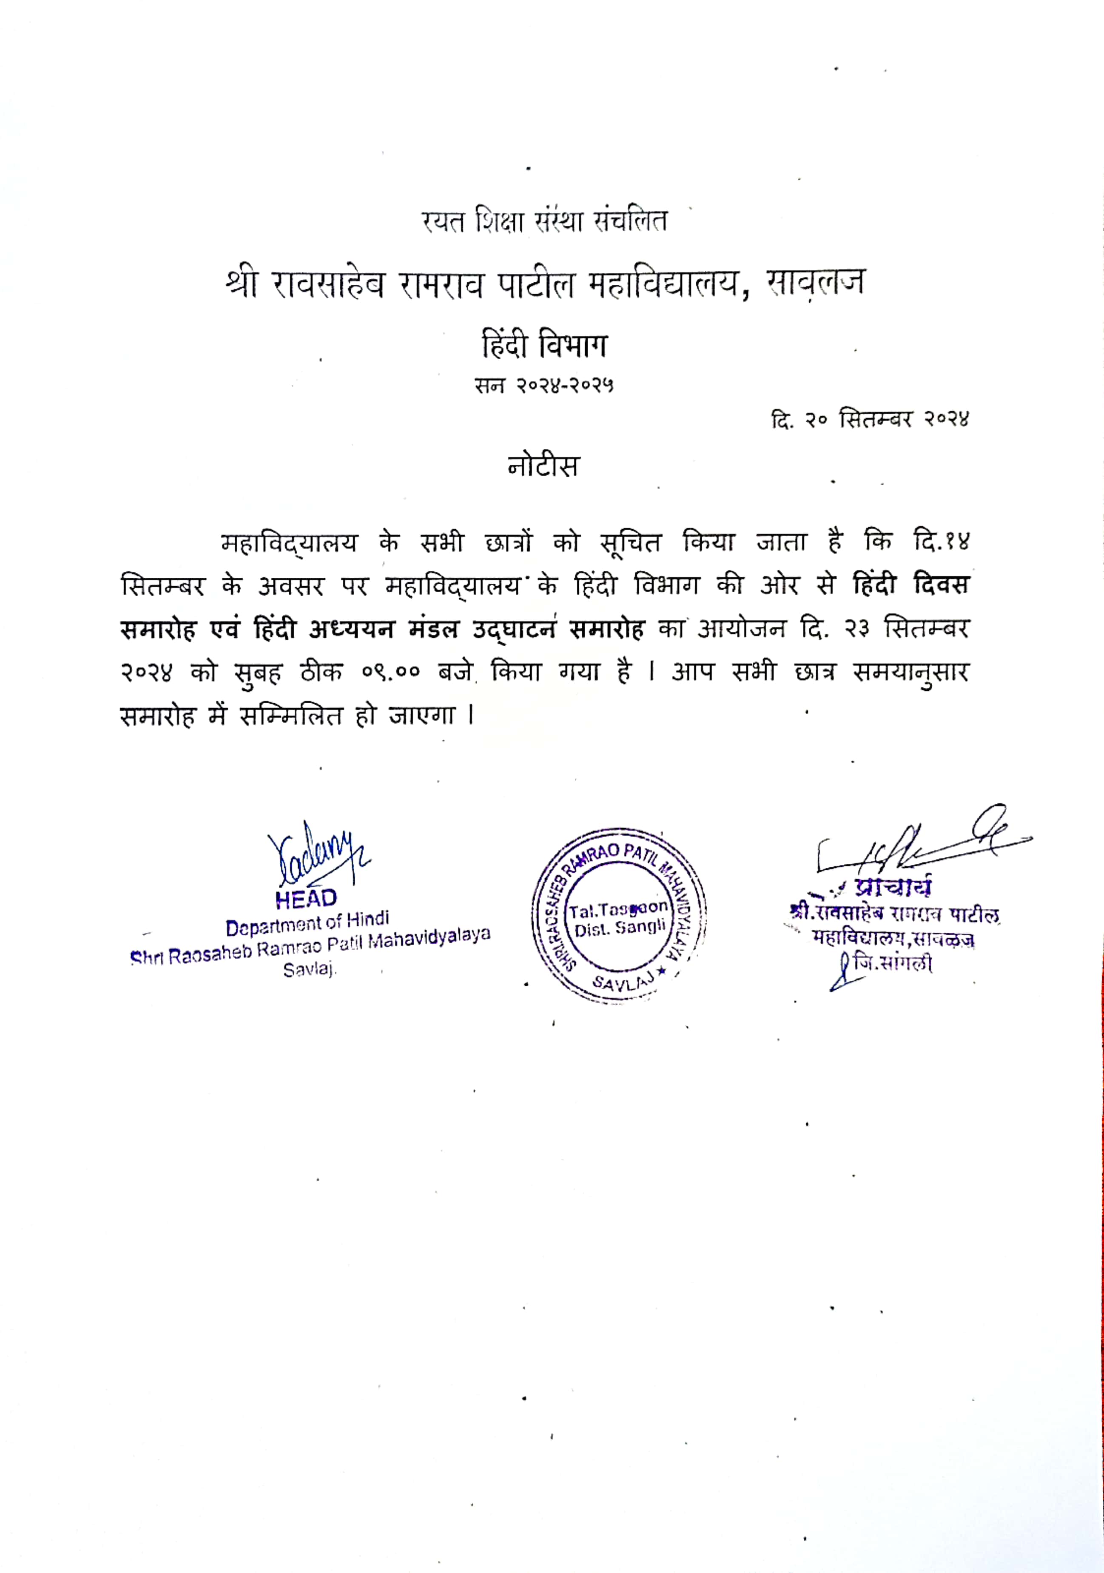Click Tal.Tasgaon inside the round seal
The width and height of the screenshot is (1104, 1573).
[618, 909]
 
